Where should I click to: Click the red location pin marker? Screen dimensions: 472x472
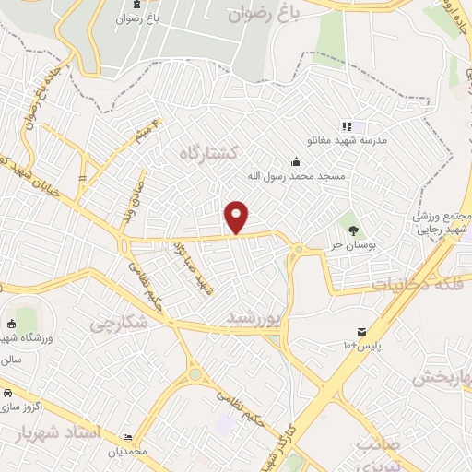[x=237, y=217]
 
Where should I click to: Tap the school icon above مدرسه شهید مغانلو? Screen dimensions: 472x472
[x=347, y=126]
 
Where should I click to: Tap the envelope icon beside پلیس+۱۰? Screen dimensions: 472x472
[x=361, y=331]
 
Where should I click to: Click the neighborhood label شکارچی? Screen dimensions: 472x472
[x=117, y=324]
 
